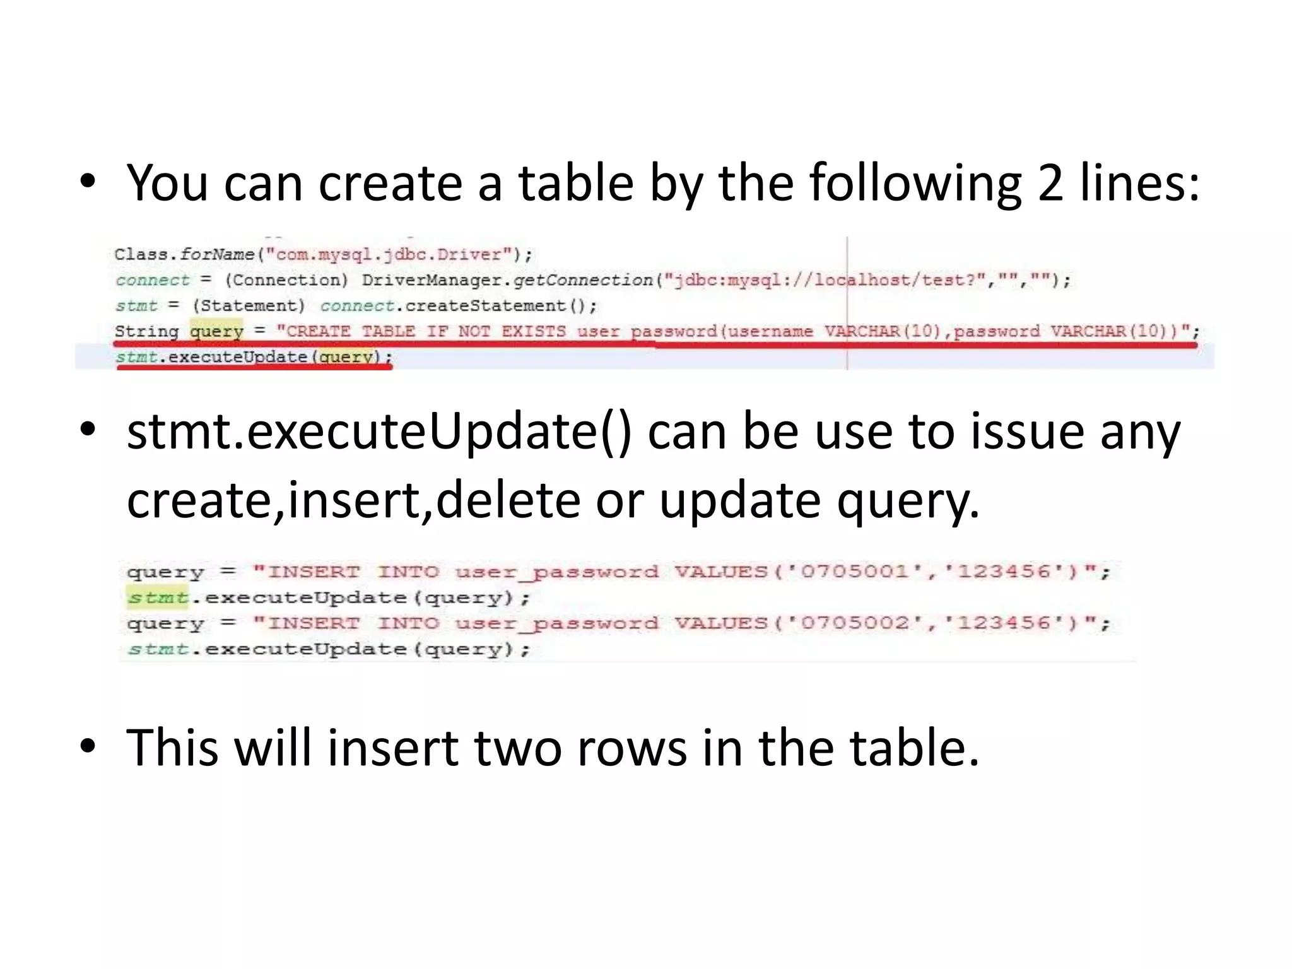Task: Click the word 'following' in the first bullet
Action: point(915,184)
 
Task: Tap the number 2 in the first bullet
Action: point(1050,184)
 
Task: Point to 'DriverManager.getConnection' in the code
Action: point(507,280)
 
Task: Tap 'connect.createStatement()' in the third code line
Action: point(458,306)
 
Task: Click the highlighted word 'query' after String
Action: point(216,331)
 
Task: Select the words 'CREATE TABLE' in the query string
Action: point(351,331)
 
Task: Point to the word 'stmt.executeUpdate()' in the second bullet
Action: point(379,433)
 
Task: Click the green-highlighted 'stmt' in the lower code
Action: point(158,597)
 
